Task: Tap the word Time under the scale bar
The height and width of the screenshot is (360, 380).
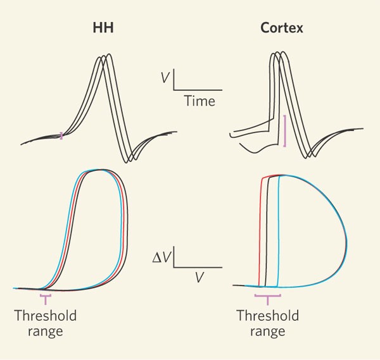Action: click(199, 101)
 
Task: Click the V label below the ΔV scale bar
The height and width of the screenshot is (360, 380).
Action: click(199, 277)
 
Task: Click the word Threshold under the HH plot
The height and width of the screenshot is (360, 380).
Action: click(45, 316)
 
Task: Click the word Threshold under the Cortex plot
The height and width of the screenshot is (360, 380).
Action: click(267, 316)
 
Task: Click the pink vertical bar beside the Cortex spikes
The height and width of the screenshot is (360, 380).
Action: click(284, 131)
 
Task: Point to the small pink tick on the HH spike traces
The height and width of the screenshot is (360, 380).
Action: click(61, 134)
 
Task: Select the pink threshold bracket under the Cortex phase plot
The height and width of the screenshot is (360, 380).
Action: click(267, 295)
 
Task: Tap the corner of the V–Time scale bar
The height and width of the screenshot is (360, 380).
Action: click(174, 89)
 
